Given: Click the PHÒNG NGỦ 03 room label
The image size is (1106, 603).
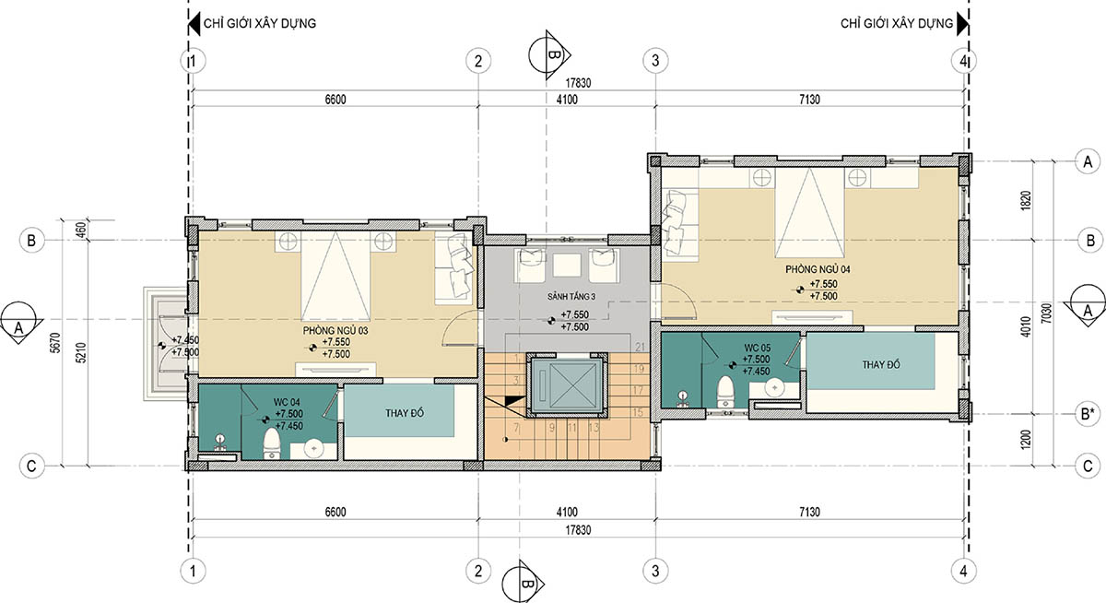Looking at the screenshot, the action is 335,330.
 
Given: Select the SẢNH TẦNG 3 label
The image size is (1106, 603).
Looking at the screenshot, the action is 571,297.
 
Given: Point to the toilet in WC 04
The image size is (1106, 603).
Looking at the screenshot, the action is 271,443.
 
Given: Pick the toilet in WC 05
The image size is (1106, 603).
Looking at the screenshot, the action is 724,392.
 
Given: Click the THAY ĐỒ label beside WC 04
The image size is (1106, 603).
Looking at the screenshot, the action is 405,413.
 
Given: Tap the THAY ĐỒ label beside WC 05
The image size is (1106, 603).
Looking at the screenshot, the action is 881,365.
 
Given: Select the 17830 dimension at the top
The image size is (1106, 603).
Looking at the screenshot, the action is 578,83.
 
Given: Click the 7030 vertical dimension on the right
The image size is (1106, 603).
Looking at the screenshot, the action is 1046,313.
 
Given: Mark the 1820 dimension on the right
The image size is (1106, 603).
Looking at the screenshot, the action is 1026,202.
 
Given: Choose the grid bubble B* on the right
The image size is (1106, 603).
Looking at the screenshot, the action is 1088,414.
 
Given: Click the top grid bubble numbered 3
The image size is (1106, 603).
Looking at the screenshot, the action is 655,61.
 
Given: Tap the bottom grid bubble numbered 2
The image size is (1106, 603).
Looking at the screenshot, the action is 478,572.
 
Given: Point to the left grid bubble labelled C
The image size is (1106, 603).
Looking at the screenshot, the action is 31,467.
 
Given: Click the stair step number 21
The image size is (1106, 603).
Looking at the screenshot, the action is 641,347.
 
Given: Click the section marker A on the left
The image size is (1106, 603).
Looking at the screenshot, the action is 18,323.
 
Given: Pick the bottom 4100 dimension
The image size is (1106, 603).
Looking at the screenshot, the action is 567,512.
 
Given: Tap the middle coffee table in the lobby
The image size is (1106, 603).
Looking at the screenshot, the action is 566,266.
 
